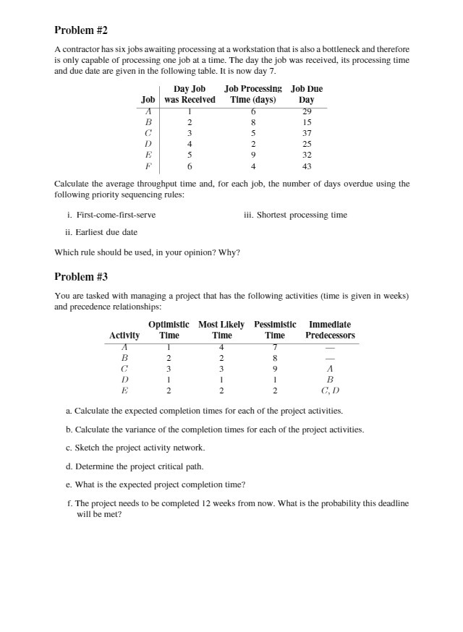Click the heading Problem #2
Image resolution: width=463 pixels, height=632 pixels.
point(81,30)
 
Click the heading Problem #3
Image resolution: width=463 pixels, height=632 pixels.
point(81,277)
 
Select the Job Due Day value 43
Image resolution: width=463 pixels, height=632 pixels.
point(307,166)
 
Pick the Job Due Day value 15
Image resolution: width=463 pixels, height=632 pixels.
point(307,122)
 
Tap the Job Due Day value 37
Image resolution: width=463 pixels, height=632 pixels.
point(307,133)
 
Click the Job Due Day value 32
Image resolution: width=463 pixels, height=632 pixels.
point(307,155)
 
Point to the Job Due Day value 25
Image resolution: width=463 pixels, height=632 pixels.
point(307,144)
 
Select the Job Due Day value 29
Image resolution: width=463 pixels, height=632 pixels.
point(307,111)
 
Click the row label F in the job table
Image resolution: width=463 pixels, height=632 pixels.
point(148,166)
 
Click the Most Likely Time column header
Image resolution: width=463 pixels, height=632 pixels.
point(221,330)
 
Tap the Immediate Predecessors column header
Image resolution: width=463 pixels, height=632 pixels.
point(330,330)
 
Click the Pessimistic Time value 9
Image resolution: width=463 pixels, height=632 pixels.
point(274,368)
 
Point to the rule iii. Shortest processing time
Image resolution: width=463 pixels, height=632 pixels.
point(295,215)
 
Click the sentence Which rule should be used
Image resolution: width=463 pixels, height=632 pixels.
point(148,252)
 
